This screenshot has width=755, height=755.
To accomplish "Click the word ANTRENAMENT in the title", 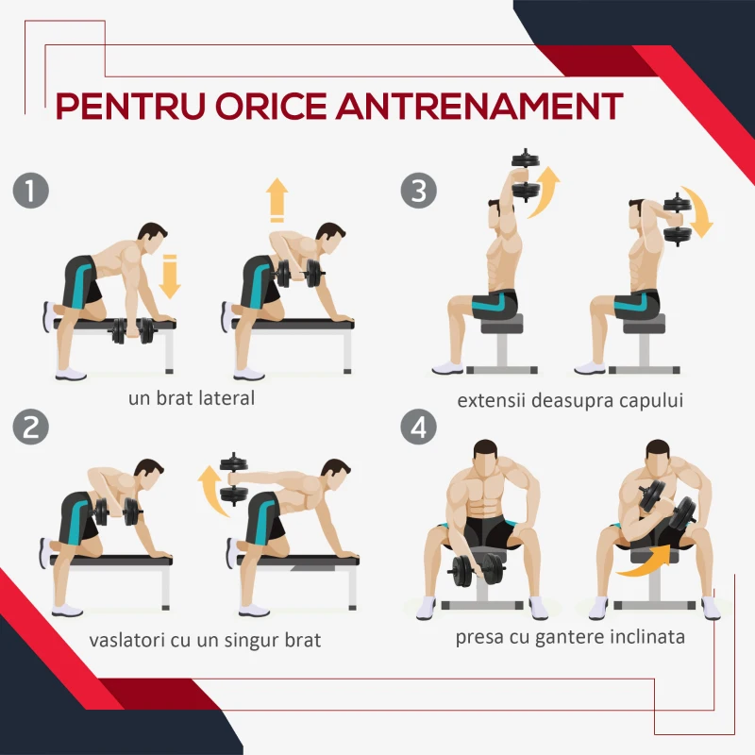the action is pyautogui.click(x=479, y=106).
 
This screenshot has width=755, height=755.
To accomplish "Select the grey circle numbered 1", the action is pyautogui.click(x=31, y=191).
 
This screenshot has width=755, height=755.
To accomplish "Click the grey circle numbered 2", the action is pyautogui.click(x=31, y=428).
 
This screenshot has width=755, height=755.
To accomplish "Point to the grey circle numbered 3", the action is pyautogui.click(x=419, y=191).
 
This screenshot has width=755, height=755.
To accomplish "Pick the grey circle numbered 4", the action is pyautogui.click(x=419, y=428).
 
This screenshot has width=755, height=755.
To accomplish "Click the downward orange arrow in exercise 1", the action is pyautogui.click(x=170, y=277).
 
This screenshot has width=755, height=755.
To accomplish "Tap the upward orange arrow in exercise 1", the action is pyautogui.click(x=277, y=200).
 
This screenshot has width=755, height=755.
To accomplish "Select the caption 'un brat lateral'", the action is pyautogui.click(x=192, y=398).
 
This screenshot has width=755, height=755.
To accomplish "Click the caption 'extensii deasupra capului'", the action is pyautogui.click(x=570, y=400).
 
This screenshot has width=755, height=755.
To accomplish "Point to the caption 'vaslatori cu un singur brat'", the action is pyautogui.click(x=205, y=641).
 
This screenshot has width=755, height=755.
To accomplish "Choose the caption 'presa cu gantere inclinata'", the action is pyautogui.click(x=570, y=637).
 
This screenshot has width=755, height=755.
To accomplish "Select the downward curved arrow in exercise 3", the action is pyautogui.click(x=698, y=211).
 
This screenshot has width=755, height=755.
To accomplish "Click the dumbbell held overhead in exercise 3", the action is pyautogui.click(x=526, y=176).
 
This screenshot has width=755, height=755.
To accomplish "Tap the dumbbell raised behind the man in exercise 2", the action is pyautogui.click(x=234, y=479).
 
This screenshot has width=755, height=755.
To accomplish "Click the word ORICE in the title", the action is pyautogui.click(x=271, y=106).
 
